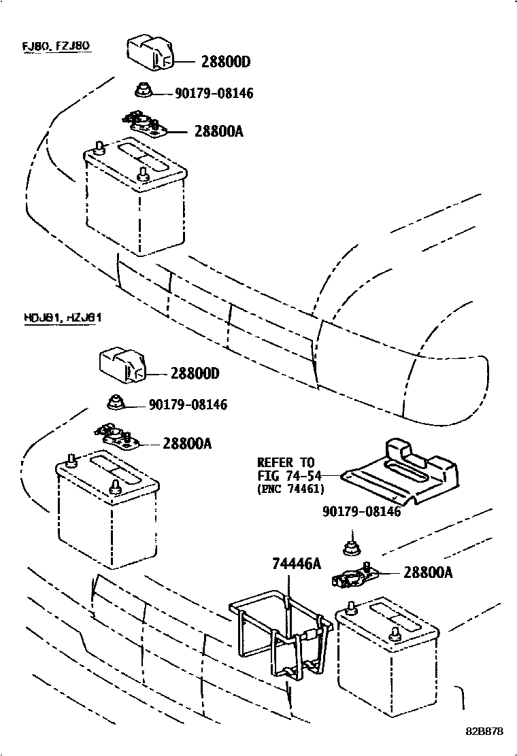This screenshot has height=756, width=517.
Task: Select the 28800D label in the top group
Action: pos(226,63)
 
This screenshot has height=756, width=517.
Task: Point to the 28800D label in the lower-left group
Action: pos(195,373)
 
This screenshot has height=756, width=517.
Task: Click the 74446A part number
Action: pos(296,564)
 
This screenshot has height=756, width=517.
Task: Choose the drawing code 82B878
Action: pos(484,732)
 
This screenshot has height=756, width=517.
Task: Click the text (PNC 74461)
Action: pos(290,488)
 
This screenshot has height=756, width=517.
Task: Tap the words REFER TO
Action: pos(286,463)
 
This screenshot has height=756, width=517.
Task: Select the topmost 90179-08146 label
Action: pos(214,93)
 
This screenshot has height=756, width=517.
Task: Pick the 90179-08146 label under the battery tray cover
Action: pos(361,512)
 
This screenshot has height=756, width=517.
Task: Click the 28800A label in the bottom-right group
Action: pos(428,572)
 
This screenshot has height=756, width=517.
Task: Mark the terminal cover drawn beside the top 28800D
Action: pos(150,56)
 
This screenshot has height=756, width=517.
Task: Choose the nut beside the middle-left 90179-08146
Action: pos(116,402)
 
